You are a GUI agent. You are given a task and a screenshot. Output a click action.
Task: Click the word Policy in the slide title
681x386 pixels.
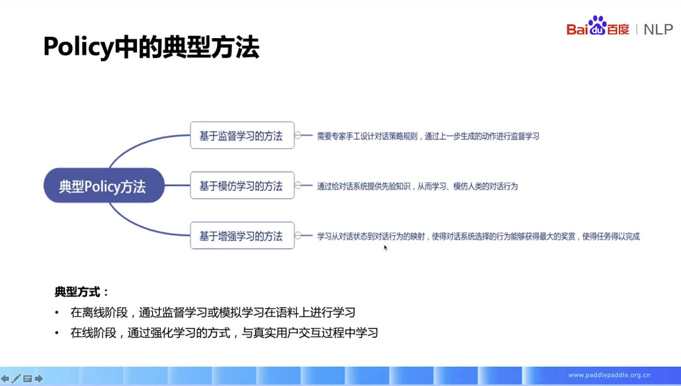(79, 47)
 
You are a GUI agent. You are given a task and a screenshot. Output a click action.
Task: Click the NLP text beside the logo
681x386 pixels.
(658, 29)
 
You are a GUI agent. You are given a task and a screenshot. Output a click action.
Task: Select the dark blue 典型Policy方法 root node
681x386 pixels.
(104, 185)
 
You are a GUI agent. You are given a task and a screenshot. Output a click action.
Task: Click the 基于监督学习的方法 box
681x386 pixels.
(242, 135)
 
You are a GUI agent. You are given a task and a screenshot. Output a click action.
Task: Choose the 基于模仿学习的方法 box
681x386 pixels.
(242, 185)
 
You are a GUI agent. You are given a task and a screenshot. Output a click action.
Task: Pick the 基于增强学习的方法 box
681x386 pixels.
(242, 236)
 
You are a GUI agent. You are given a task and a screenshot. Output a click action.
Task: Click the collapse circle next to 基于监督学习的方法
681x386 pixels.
(298, 135)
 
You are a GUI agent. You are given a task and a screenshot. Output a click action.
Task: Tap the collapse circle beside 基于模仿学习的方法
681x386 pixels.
(298, 185)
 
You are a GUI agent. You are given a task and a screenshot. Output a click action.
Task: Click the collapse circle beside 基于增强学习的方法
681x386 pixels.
(298, 236)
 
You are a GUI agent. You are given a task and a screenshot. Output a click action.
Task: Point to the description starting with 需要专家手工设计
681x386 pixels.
(428, 136)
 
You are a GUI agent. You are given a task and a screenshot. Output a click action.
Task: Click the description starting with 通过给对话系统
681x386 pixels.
(417, 186)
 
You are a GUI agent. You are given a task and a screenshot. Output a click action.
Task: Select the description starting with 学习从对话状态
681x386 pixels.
(478, 237)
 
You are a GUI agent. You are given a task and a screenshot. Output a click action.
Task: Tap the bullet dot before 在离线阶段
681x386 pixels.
(57, 312)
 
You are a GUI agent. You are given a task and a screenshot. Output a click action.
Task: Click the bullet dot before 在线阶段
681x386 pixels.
(57, 333)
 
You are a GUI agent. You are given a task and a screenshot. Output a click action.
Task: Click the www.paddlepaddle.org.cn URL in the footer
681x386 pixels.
(609, 375)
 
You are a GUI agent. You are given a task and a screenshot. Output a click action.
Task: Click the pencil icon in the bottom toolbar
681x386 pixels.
(16, 379)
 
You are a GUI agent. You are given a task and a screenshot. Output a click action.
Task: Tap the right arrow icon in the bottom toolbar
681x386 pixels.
(39, 379)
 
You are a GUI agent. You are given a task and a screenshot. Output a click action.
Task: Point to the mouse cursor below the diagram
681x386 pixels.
(386, 248)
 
